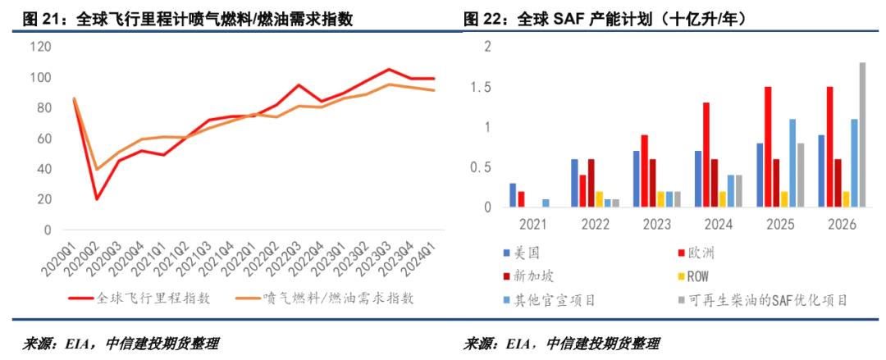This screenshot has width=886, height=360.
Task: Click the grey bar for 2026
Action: click(x=862, y=135)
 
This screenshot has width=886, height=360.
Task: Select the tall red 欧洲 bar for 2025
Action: click(x=768, y=147)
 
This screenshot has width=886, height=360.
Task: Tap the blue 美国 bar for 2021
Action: click(x=513, y=195)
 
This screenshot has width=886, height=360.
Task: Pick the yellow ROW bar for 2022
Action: click(x=600, y=199)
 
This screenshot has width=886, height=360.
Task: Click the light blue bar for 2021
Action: click(x=546, y=203)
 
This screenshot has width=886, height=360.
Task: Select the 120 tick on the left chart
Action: click(x=39, y=47)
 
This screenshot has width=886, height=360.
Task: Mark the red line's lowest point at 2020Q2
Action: click(x=98, y=199)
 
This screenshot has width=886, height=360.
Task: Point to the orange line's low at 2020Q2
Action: click(x=98, y=170)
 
